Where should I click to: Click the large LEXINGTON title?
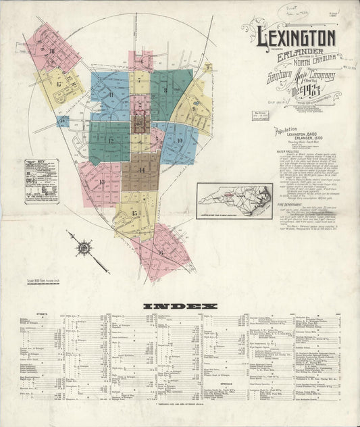click(294, 36)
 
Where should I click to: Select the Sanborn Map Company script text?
click(290, 80)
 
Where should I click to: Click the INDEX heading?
click(180, 306)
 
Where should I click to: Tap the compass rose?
click(85, 249)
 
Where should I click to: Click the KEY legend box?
click(41, 178)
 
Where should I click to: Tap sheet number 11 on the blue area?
click(109, 95)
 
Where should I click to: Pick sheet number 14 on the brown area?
click(142, 171)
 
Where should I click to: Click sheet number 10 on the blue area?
click(180, 140)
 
